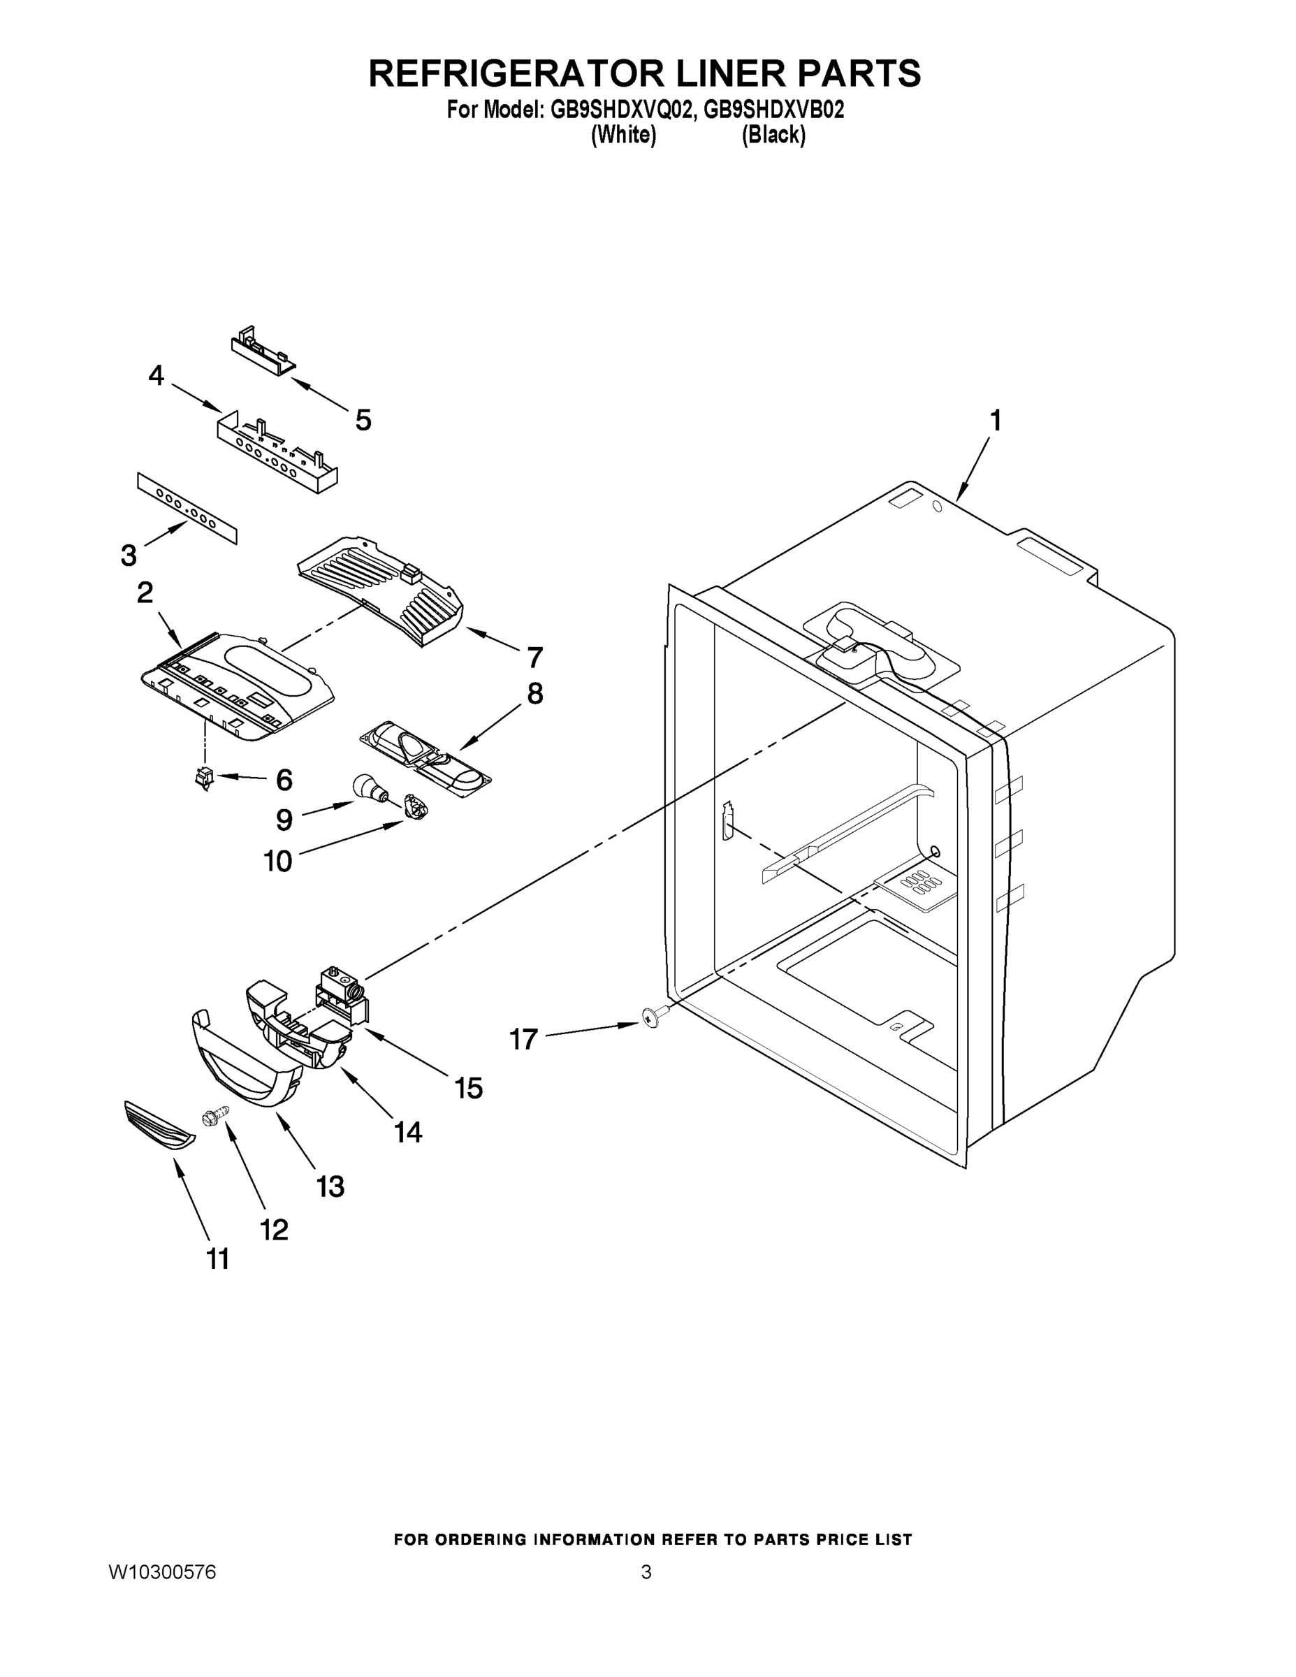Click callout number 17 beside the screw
pos(523,1040)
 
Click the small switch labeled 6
pos(204,778)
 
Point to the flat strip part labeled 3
pos(187,508)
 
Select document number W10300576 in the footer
pos(162,1571)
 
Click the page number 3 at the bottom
pos(646,1571)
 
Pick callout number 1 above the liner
pos(995,421)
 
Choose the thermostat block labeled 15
pos(341,994)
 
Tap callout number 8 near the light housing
pos(534,694)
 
